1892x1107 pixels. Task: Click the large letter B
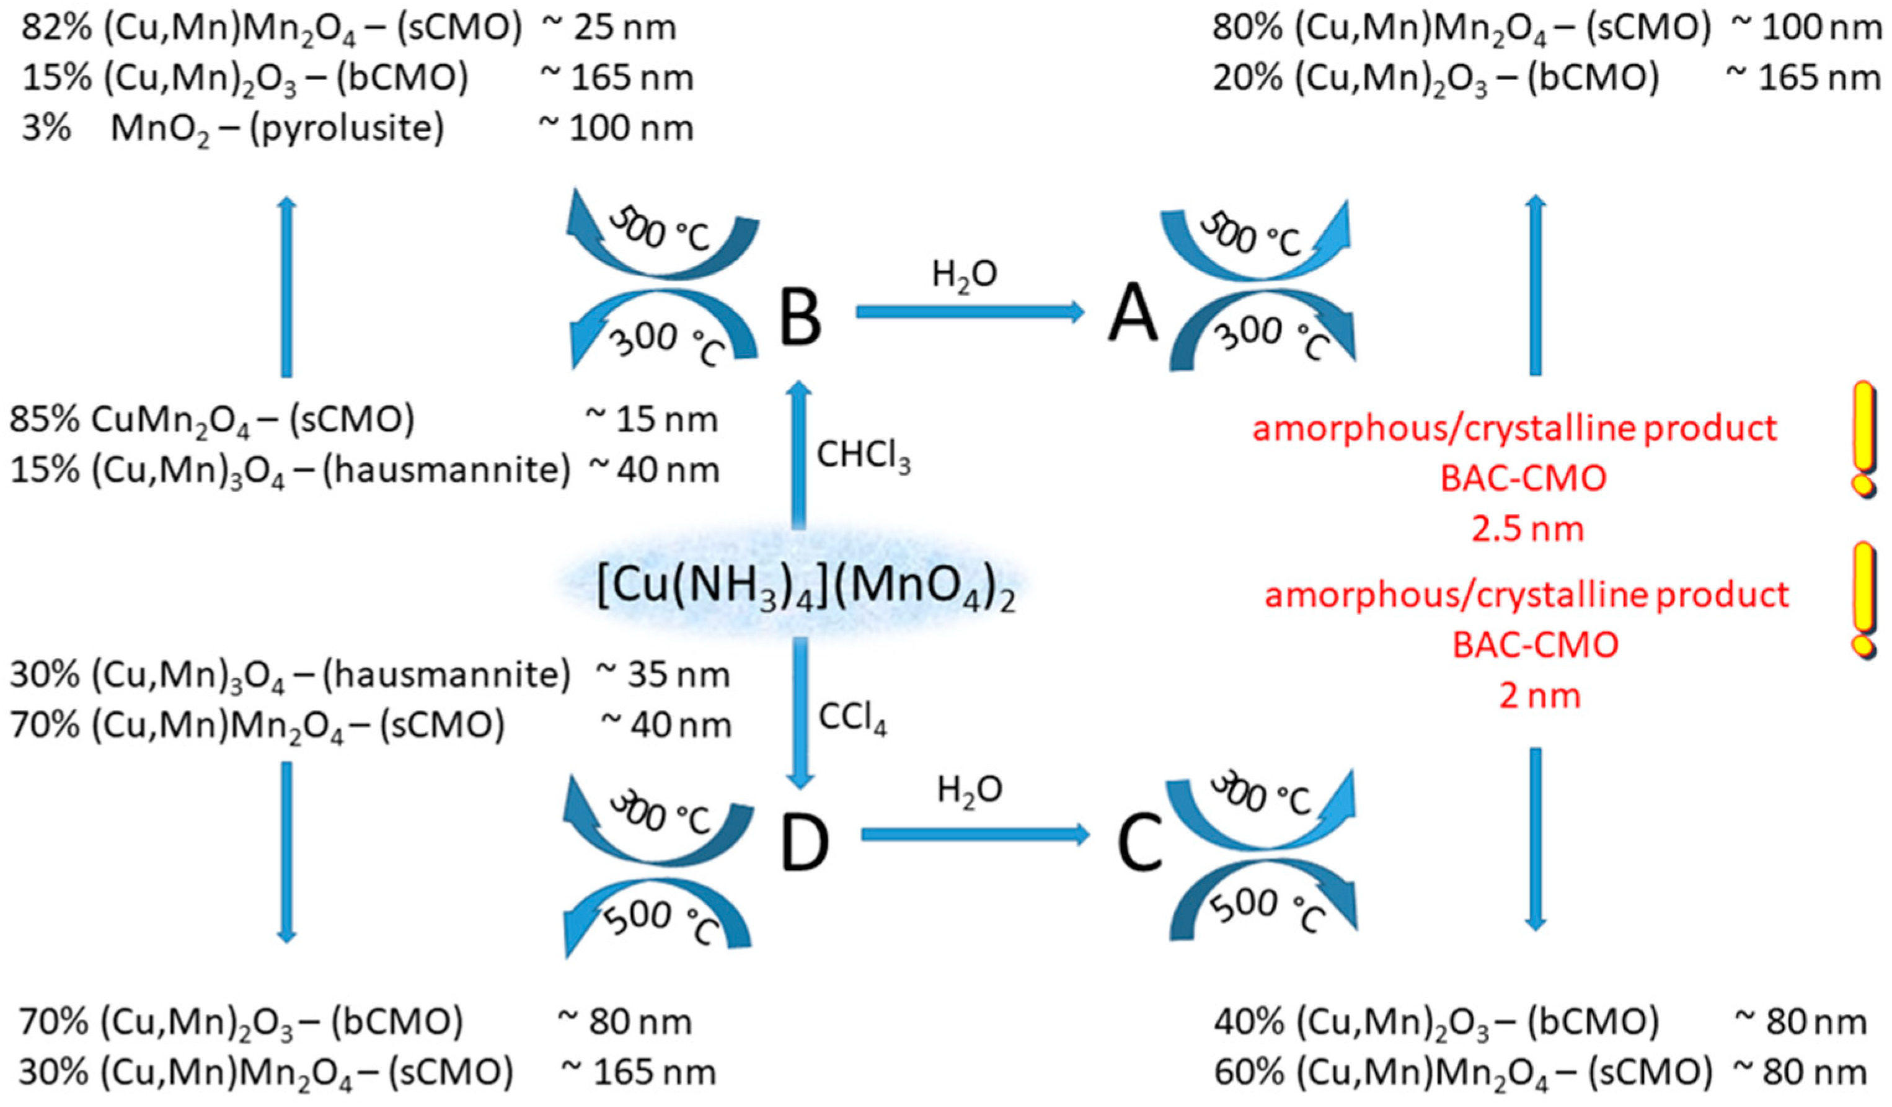click(800, 316)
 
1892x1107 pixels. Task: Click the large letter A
click(1134, 316)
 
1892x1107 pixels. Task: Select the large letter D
click(804, 843)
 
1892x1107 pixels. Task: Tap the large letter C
click(1139, 843)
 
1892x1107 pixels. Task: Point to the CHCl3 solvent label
click(864, 455)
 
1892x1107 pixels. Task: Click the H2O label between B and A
click(965, 275)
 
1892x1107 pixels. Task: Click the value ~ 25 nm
click(608, 28)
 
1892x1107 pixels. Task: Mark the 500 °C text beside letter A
click(1250, 234)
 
